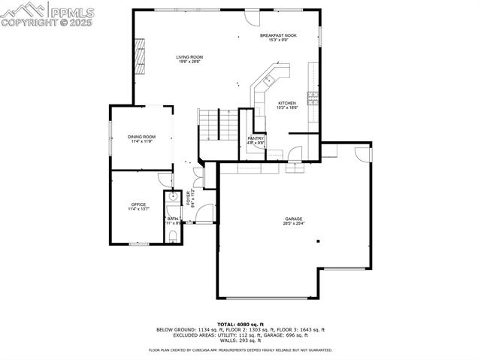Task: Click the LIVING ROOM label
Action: pos(189,57)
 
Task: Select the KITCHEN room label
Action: pos(287,103)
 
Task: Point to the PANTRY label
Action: pos(256,138)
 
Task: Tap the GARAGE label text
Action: pos(293,219)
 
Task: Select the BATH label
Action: pos(172,219)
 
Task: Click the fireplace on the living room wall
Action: pos(138,53)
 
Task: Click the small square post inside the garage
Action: pos(319,241)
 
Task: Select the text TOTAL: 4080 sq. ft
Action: pos(240,323)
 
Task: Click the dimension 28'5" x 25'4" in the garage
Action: pos(293,223)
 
